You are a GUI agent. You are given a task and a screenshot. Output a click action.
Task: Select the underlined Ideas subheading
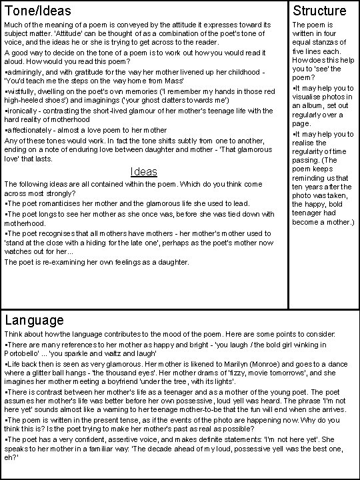coord(144,171)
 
